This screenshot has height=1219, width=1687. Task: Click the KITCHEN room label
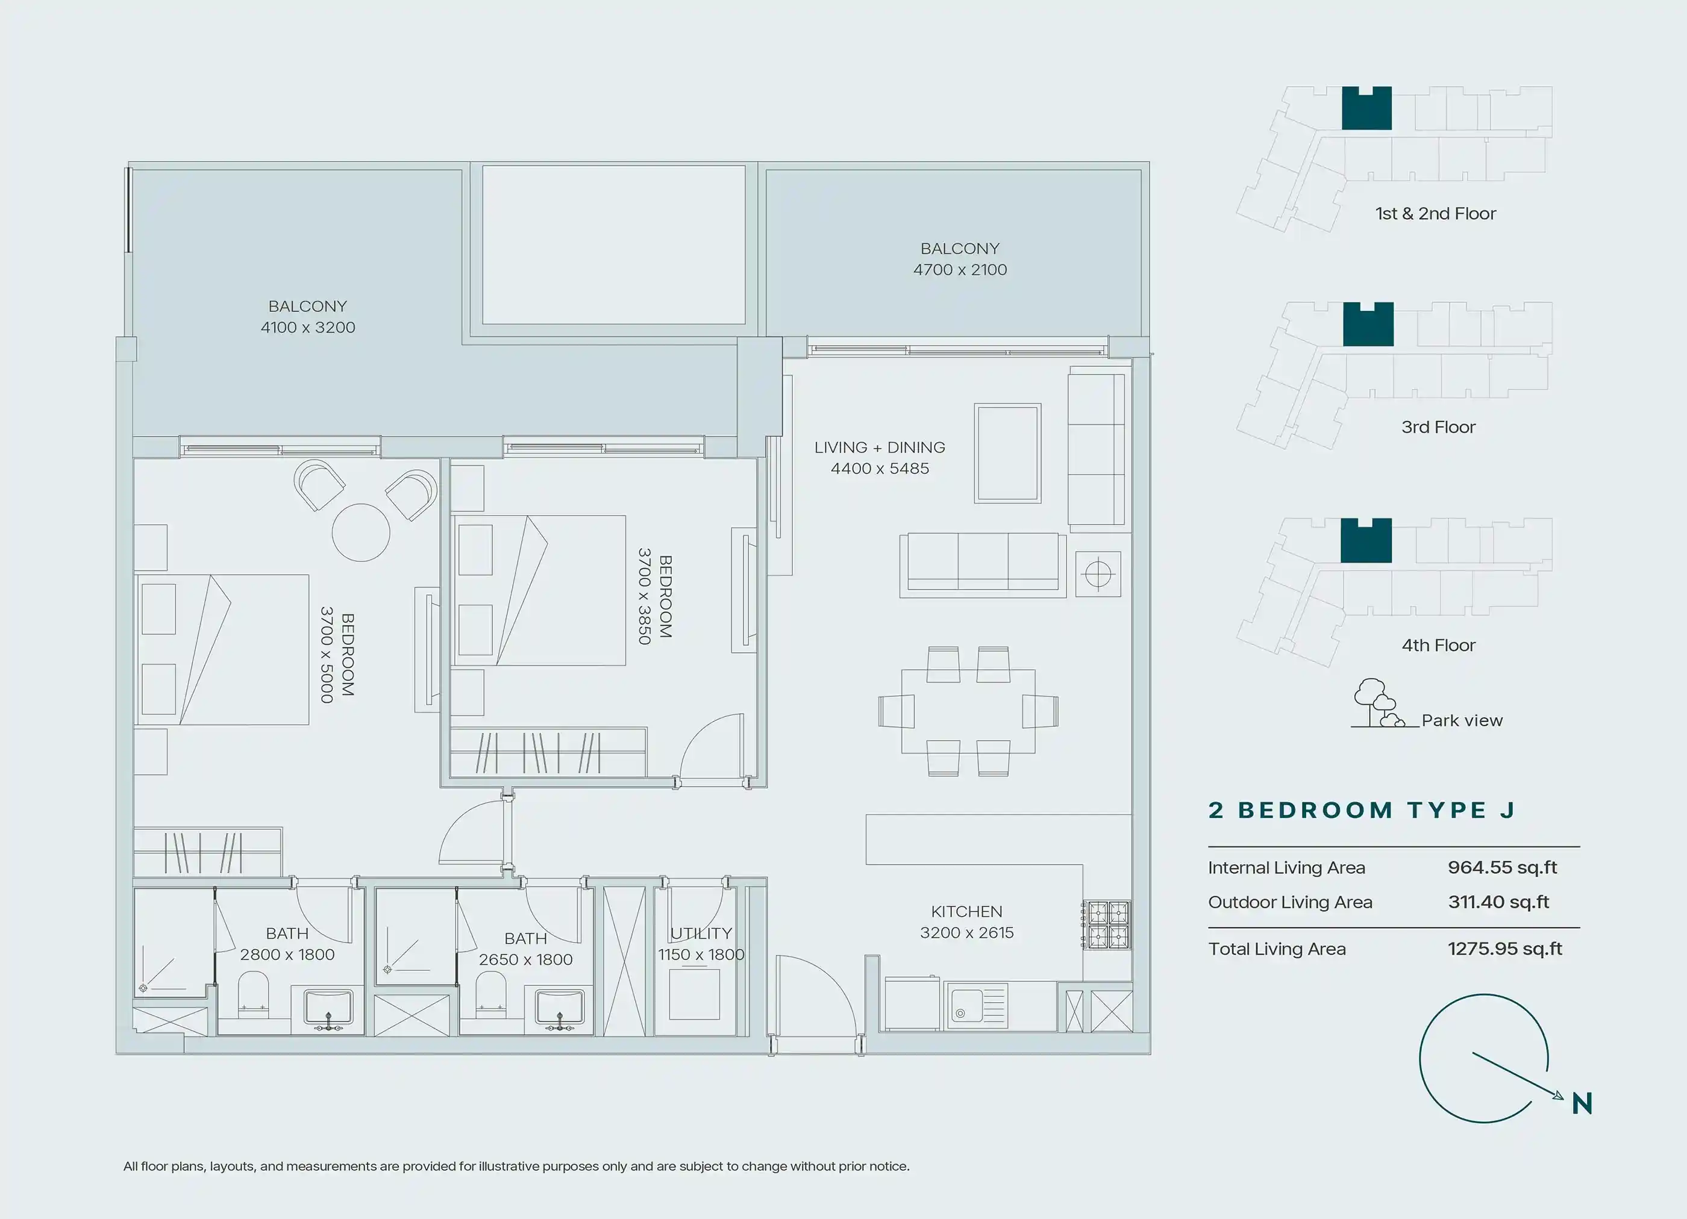[966, 911]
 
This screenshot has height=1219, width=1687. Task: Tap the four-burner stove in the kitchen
[1109, 924]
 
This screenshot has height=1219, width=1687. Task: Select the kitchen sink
[975, 1006]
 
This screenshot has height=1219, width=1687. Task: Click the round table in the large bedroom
[361, 532]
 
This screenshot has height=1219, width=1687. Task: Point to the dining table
[968, 711]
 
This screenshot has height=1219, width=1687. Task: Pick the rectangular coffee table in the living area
[1007, 453]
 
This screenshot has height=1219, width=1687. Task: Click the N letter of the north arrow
[1582, 1104]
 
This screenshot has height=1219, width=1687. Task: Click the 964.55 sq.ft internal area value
[1503, 867]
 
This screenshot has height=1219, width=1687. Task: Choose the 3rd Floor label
[1438, 427]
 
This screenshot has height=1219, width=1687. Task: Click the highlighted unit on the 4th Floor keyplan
[1366, 541]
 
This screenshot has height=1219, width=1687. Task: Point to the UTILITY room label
[701, 934]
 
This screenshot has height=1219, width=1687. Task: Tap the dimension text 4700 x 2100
[960, 269]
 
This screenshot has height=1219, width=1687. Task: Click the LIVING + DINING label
[879, 447]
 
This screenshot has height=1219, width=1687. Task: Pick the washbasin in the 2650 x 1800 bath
[559, 1008]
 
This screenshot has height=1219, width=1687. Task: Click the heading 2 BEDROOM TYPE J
[1362, 810]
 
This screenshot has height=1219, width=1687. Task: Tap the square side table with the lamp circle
[1098, 574]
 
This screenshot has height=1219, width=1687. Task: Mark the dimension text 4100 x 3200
[308, 327]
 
